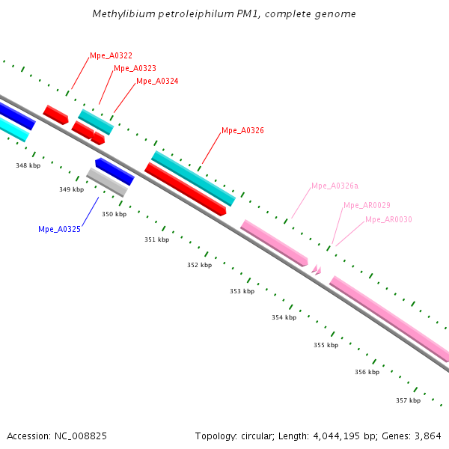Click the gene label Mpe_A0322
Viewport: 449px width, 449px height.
[111, 55]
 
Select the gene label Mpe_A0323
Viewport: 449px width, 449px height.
[135, 68]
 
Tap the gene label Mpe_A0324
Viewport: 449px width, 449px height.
[157, 81]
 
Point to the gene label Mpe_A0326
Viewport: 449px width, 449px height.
[242, 130]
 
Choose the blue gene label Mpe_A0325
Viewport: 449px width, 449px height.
[59, 229]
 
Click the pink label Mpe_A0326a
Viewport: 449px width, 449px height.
[335, 186]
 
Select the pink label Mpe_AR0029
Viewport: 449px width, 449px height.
[367, 205]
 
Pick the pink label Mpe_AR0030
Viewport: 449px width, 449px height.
[388, 219]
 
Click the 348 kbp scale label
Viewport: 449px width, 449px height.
[28, 165]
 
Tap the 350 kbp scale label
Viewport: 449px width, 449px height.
[114, 214]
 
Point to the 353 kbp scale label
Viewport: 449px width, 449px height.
[242, 291]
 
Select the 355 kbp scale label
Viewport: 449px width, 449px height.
[326, 345]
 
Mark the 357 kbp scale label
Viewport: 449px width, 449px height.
[408, 400]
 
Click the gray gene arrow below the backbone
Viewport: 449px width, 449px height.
[107, 182]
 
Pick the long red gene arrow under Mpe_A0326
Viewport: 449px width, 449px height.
[185, 189]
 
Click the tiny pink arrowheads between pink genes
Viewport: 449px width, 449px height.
[317, 269]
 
